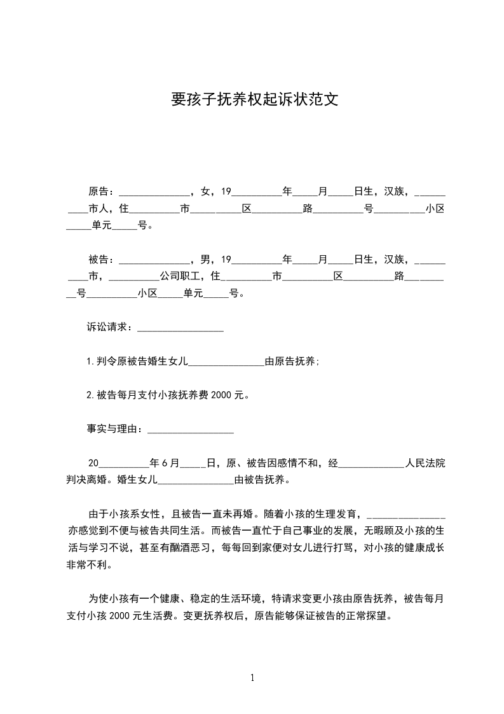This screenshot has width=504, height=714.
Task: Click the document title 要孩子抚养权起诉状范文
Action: coord(252,100)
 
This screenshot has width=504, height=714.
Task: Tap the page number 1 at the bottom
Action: coord(252,678)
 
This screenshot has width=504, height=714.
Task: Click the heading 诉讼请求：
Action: coord(111,328)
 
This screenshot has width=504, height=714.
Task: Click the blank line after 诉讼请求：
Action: coord(180,329)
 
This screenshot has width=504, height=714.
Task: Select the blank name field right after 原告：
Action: coord(154,193)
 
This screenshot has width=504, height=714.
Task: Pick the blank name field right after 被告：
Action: coord(154,262)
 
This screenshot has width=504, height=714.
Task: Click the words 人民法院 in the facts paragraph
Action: coord(425,464)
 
